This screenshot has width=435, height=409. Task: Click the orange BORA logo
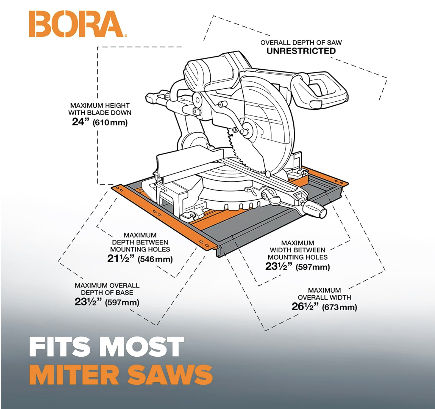pyautogui.click(x=76, y=24)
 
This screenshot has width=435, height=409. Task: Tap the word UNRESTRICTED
pyautogui.click(x=301, y=51)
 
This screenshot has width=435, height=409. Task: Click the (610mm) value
pyautogui.click(x=110, y=123)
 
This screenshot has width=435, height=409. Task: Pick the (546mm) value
pyautogui.click(x=155, y=259)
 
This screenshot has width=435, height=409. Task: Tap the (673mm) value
pyautogui.click(x=340, y=307)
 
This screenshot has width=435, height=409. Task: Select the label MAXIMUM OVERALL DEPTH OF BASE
pyautogui.click(x=107, y=289)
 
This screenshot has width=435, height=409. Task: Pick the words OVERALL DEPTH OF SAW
pyautogui.click(x=301, y=43)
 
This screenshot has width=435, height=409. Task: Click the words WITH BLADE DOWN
pyautogui.click(x=100, y=113)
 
